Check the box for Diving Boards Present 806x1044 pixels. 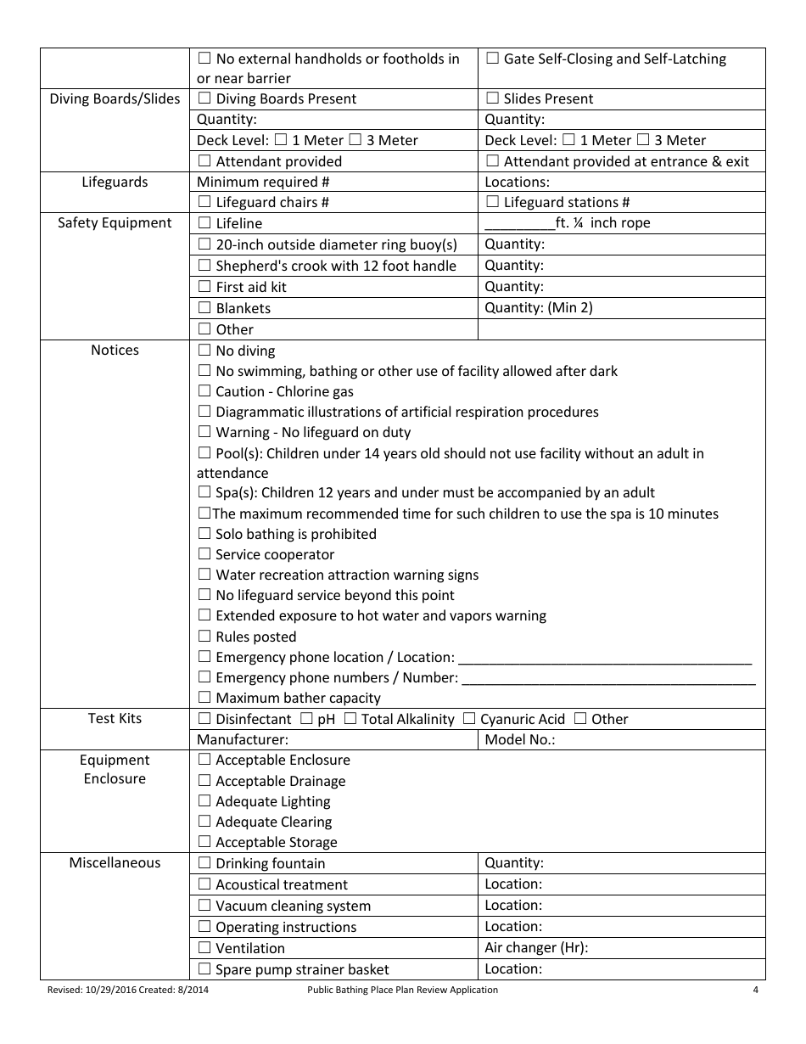(204, 98)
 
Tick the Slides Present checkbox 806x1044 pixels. (492, 98)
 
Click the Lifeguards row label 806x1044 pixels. (115, 182)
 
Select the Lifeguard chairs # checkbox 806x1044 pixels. (204, 202)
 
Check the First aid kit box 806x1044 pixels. (204, 287)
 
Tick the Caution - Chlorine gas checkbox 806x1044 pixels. (204, 391)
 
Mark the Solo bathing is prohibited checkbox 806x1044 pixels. (204, 534)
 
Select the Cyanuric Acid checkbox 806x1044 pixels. (469, 719)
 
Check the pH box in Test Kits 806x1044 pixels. (306, 719)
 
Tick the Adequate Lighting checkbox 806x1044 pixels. (204, 801)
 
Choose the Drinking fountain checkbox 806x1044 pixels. (204, 863)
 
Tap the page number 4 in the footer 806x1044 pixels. (755, 990)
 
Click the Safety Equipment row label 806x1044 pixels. (115, 223)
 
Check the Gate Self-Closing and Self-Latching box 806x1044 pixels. (492, 59)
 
